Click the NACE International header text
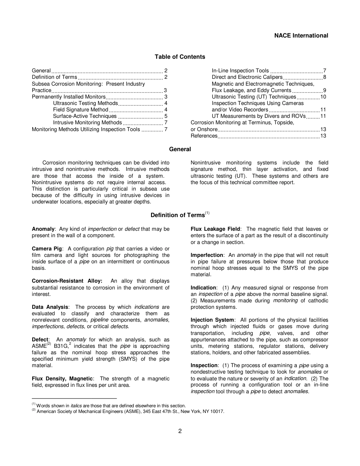point(301,36)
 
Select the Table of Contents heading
point(180,57)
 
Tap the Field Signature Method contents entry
point(81,110)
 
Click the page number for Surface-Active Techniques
point(166,116)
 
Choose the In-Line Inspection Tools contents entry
point(240,71)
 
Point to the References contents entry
point(204,136)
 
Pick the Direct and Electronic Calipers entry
point(247,77)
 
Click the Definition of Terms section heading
point(177,215)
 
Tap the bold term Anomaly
point(43,229)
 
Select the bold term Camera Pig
point(47,249)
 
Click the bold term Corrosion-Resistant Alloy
point(67,281)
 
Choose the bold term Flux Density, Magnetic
point(62,379)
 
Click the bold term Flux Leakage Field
point(215,229)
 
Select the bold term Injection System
point(212,320)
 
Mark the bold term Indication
point(203,288)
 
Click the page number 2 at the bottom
point(180,431)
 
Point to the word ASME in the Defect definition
point(39,346)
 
